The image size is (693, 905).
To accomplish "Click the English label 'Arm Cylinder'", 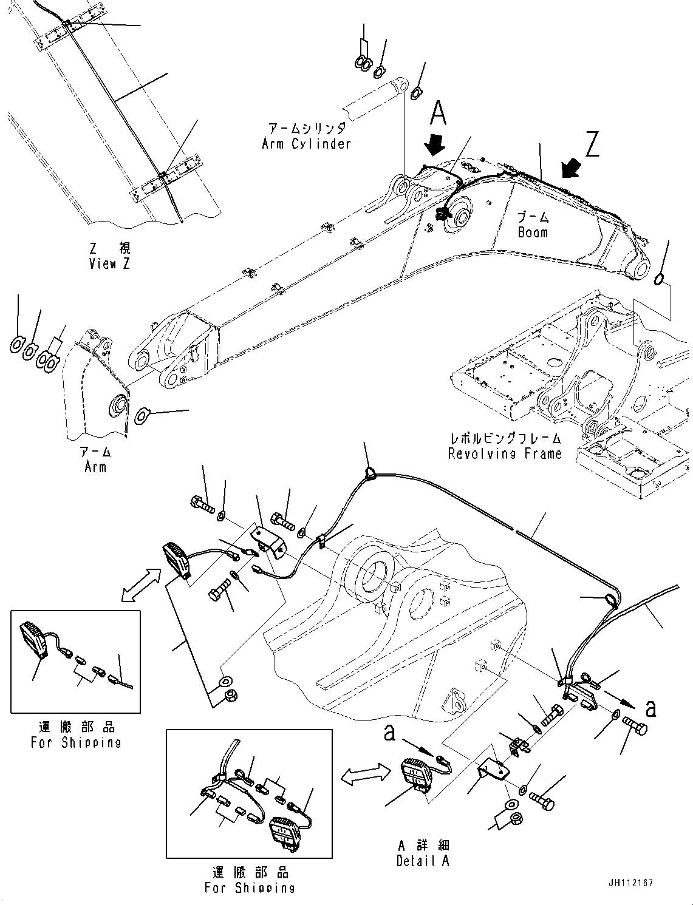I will tap(306, 144).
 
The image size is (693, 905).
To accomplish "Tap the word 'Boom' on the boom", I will tap(533, 232).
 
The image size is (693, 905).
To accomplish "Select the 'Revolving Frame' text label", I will tap(505, 453).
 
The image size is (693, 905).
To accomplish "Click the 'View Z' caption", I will tap(109, 264).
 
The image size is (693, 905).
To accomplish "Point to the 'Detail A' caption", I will tap(423, 861).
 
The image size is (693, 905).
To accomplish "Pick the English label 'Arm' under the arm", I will tap(95, 467).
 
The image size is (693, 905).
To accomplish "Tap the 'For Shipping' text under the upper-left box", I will tap(76, 742).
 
